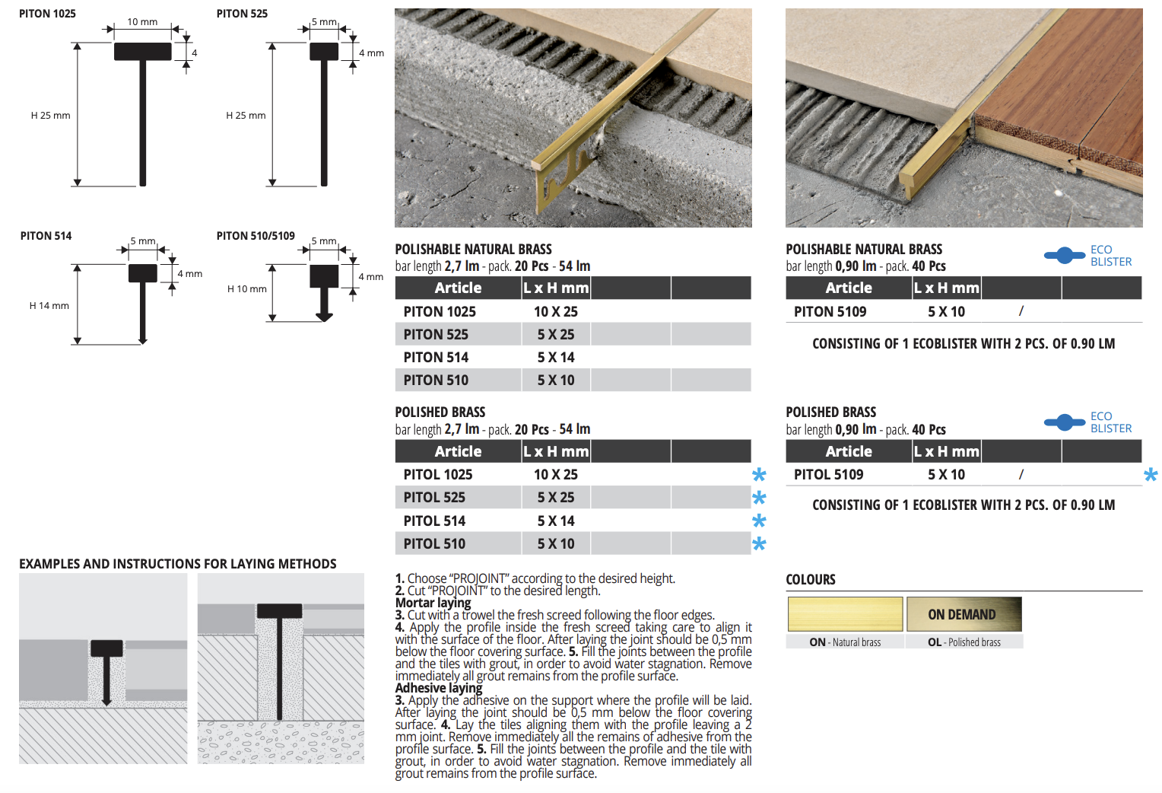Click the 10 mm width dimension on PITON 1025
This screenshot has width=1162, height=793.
coord(142,22)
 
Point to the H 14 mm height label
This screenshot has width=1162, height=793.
coord(49,306)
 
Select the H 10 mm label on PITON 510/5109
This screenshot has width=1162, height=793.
coord(247,288)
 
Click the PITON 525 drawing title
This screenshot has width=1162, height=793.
coord(242,14)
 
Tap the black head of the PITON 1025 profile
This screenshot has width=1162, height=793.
coord(143,52)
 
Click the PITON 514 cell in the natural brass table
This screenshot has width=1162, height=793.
coord(436,357)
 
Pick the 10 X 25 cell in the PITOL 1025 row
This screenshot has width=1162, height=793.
coord(556,474)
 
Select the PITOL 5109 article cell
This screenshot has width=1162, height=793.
coord(828,474)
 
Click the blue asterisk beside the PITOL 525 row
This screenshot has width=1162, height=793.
coord(759,498)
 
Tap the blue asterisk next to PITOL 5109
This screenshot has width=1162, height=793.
coord(1151,475)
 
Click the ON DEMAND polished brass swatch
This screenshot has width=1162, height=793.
coord(964,614)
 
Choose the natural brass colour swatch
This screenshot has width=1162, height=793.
coord(845,614)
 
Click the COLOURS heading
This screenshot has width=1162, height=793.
coord(811,579)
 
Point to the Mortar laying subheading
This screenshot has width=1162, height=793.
coord(433,603)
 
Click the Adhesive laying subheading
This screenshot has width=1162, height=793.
coord(439,688)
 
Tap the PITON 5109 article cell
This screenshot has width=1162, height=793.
coord(830,311)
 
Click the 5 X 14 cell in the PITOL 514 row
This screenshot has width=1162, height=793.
coord(556,521)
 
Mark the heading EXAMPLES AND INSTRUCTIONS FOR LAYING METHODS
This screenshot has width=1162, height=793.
coord(177,564)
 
